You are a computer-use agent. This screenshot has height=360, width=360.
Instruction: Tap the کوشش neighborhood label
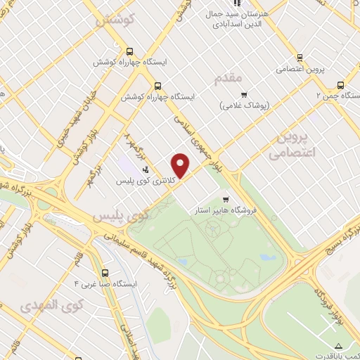point(115,22)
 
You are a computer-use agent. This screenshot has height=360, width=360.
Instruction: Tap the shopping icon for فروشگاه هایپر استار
point(226,200)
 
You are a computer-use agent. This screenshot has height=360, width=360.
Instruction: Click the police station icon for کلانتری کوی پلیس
point(146,169)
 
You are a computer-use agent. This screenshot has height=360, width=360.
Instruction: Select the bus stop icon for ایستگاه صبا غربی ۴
point(105,273)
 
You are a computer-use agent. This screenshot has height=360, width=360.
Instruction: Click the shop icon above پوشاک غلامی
point(244,95)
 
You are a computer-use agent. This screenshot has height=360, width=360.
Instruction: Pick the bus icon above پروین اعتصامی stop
point(300,58)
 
